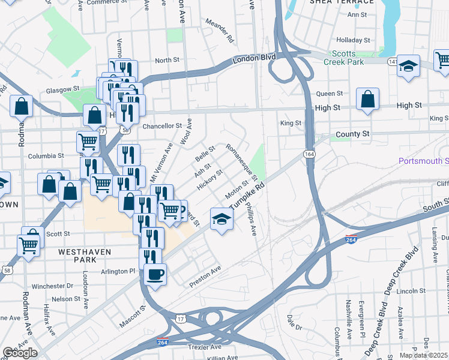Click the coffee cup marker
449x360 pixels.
pyautogui.click(x=155, y=275)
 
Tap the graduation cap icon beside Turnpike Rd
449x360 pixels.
pyautogui.click(x=221, y=220)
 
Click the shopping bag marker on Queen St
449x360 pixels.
pyautogui.click(x=367, y=101)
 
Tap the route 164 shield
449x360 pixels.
pyautogui.click(x=309, y=154)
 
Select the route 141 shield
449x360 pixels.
pyautogui.click(x=392, y=62)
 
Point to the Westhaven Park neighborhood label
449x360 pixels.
pyautogui.click(x=85, y=252)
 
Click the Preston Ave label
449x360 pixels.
pyautogui.click(x=205, y=275)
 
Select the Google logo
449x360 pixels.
pyautogui.click(x=20, y=353)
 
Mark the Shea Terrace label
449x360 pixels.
pyautogui.click(x=342, y=2)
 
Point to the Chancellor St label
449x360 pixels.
pyautogui.click(x=162, y=126)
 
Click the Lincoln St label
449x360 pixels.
pyautogui.click(x=411, y=291)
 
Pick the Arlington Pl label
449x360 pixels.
pyautogui.click(x=119, y=271)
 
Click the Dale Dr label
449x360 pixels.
pyautogui.click(x=294, y=326)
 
